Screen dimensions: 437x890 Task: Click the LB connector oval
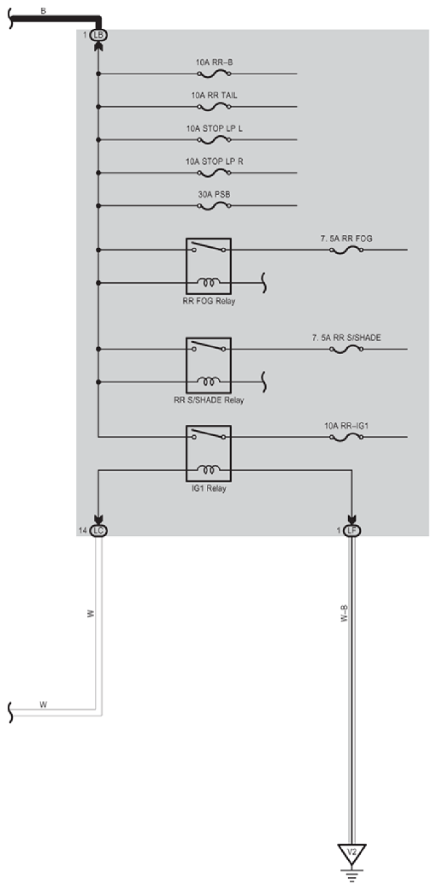click(x=98, y=35)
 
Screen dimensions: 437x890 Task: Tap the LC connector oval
click(x=98, y=531)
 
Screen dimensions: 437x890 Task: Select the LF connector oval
click(x=351, y=531)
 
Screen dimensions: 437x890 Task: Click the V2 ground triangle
click(x=351, y=853)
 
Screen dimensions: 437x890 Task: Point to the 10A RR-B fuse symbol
click(x=214, y=74)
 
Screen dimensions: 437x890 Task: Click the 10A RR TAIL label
click(x=214, y=96)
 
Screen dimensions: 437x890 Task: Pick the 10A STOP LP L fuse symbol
click(x=214, y=139)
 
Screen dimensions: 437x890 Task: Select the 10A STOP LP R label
click(x=214, y=162)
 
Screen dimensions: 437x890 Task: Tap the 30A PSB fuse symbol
click(x=214, y=205)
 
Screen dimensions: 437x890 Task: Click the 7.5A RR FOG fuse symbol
click(x=346, y=250)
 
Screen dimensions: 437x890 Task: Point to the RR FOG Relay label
click(x=209, y=301)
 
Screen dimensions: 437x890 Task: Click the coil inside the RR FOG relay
click(x=209, y=281)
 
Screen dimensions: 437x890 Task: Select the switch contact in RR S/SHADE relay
click(x=209, y=346)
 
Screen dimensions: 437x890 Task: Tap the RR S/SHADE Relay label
click(x=209, y=400)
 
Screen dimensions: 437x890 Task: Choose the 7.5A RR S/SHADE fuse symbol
click(x=346, y=349)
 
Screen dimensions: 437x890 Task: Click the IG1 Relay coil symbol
click(x=209, y=469)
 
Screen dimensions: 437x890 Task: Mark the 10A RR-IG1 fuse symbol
click(x=346, y=437)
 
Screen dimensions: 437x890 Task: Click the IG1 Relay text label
click(x=209, y=488)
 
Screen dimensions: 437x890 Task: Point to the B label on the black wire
click(x=44, y=10)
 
